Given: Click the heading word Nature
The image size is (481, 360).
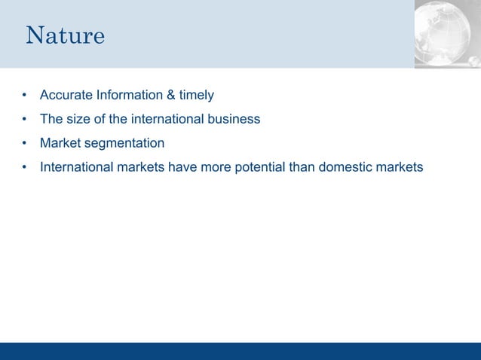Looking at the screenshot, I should click(x=65, y=35).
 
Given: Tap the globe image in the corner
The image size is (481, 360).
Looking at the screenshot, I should click(x=448, y=34).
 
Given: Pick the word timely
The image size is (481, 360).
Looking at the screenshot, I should click(x=195, y=95).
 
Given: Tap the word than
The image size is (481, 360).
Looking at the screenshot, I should click(x=302, y=166).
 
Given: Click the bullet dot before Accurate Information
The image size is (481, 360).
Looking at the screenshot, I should click(x=24, y=96).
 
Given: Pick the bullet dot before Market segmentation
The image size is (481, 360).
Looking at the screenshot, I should click(x=24, y=143).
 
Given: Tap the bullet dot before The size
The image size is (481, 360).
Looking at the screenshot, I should click(x=24, y=119).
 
